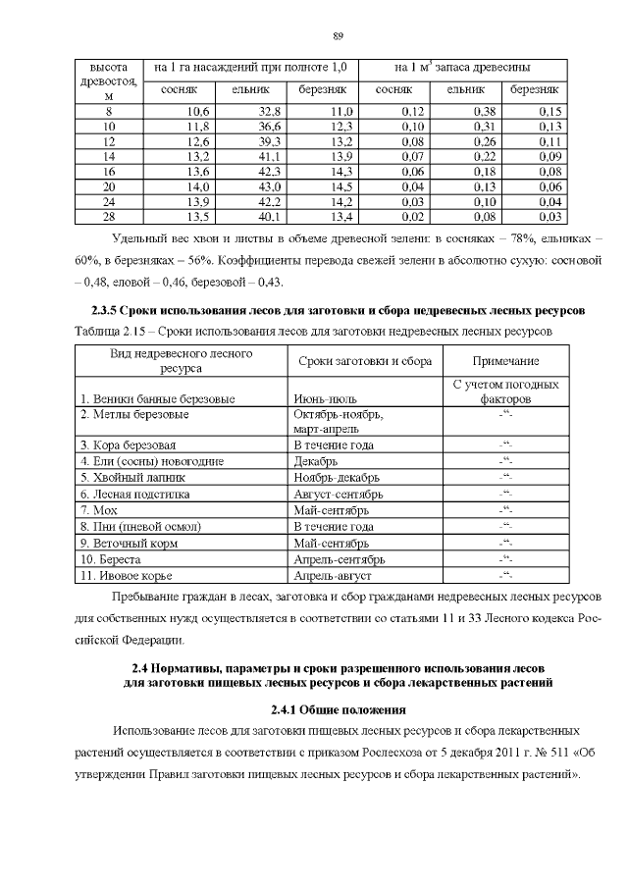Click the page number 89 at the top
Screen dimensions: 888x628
point(337,36)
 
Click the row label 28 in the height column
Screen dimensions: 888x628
point(109,216)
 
